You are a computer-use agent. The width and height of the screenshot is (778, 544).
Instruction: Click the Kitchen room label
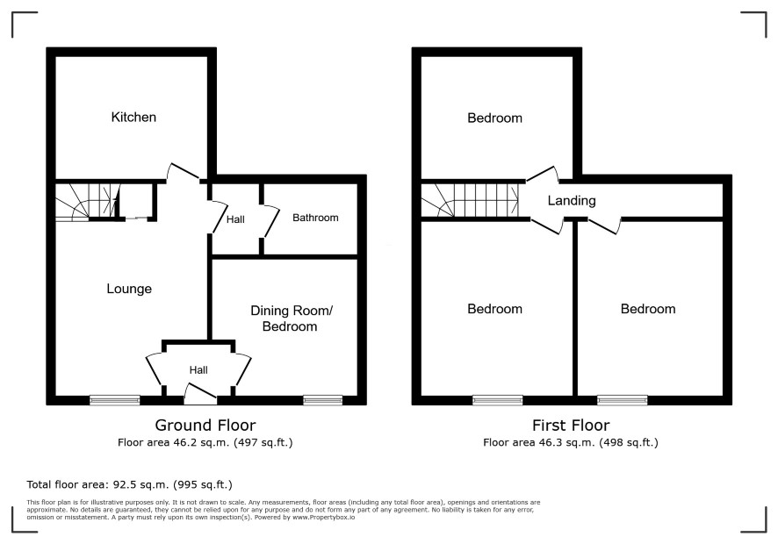(133, 117)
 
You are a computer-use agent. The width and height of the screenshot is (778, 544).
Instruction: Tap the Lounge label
(129, 289)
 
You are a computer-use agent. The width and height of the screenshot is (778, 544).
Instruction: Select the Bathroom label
(315, 218)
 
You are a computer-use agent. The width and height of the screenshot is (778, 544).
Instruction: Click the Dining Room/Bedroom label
(291, 319)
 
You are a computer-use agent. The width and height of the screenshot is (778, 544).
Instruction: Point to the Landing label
(572, 201)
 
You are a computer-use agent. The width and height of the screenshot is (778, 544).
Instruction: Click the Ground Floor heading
(205, 425)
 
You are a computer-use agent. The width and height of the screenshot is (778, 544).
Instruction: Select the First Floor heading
(571, 425)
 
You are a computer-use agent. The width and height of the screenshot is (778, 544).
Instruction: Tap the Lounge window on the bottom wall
(115, 400)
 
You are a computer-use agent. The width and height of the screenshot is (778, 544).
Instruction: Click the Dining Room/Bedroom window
(322, 400)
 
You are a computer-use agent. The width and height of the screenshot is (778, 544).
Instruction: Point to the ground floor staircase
(87, 202)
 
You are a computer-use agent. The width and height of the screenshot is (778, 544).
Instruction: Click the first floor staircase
(470, 201)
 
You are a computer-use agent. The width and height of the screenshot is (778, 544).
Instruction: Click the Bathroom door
(270, 220)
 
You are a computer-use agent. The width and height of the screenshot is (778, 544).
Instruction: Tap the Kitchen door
(184, 172)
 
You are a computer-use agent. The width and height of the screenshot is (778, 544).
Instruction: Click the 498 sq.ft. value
(629, 442)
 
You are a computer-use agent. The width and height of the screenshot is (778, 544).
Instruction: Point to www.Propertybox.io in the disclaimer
(323, 517)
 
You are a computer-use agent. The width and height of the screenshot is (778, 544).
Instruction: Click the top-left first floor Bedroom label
(494, 118)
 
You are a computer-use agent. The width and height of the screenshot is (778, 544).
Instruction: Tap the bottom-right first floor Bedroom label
(648, 309)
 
